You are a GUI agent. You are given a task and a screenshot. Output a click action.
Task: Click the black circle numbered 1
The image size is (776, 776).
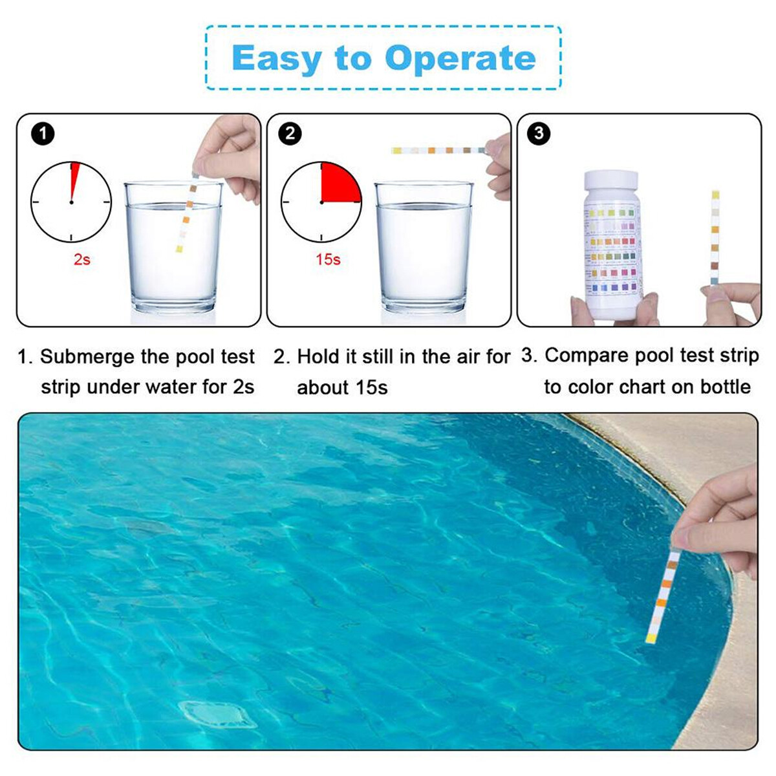(43, 134)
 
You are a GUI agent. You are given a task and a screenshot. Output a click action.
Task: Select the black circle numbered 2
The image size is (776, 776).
(290, 134)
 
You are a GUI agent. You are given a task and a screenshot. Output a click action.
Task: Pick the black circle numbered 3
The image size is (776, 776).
(539, 134)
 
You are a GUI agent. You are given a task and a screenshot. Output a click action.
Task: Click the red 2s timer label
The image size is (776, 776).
(81, 259)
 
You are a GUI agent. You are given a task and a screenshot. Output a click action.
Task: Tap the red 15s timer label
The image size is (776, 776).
(328, 259)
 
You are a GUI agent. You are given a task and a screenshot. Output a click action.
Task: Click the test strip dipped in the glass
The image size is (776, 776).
(186, 217)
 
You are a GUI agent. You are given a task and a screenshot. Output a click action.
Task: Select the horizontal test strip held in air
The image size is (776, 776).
(438, 151)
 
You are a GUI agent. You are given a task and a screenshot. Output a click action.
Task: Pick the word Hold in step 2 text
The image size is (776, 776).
(319, 357)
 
